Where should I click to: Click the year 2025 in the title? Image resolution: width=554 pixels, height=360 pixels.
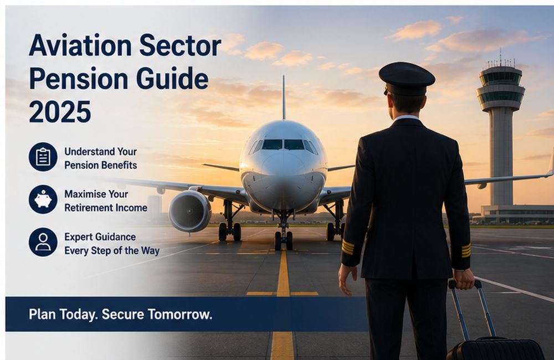[x=60, y=111]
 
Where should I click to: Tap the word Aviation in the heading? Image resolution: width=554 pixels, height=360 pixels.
[x=80, y=45]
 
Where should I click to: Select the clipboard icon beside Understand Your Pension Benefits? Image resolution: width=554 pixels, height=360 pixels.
[x=43, y=157]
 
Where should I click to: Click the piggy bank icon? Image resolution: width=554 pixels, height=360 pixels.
[x=43, y=199]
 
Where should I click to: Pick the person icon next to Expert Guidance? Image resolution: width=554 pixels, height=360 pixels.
[x=43, y=242]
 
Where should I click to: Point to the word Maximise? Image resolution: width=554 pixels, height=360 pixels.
[x=86, y=194]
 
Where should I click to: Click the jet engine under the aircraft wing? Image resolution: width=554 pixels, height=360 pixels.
[x=189, y=211]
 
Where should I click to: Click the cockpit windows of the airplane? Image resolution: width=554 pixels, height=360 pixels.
[x=283, y=146]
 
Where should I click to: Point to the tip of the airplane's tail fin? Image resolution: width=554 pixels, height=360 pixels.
[x=283, y=76]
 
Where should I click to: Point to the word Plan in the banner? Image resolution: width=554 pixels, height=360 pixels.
[x=42, y=314]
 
